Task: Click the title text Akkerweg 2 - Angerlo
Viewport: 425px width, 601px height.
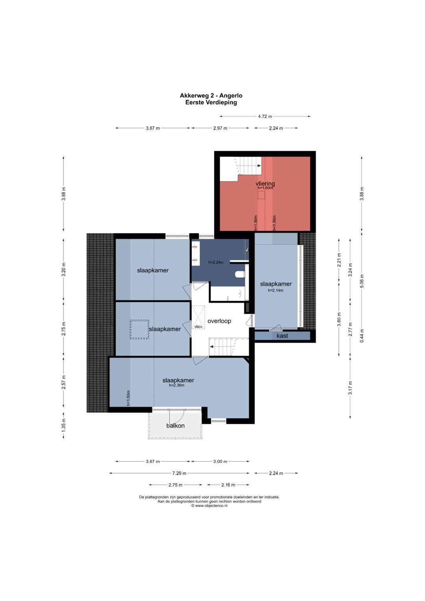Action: (x=211, y=96)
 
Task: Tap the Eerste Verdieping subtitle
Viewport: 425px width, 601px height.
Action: (x=211, y=102)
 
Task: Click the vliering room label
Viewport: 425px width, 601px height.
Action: (x=265, y=184)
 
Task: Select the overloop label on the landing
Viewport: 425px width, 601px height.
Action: (x=219, y=321)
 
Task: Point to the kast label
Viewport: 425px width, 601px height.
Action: (x=282, y=336)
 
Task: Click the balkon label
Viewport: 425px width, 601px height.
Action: (x=176, y=425)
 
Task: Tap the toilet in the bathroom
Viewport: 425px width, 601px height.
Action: (x=240, y=274)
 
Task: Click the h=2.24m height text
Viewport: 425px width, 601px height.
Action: (x=216, y=262)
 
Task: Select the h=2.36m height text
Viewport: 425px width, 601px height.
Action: (x=177, y=385)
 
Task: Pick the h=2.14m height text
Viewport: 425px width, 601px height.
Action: (x=275, y=290)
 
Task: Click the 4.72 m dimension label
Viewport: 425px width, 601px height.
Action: (x=265, y=117)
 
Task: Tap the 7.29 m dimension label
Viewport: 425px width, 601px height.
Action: (x=179, y=473)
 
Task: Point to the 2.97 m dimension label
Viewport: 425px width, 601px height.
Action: (x=220, y=128)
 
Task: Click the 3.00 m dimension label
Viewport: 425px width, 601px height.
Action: (x=220, y=462)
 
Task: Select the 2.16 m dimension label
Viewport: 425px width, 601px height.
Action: (x=228, y=485)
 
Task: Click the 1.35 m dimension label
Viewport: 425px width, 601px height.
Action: (x=64, y=425)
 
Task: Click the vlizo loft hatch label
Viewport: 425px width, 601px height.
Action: (x=198, y=327)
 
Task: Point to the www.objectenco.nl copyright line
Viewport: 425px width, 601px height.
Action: (x=209, y=506)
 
